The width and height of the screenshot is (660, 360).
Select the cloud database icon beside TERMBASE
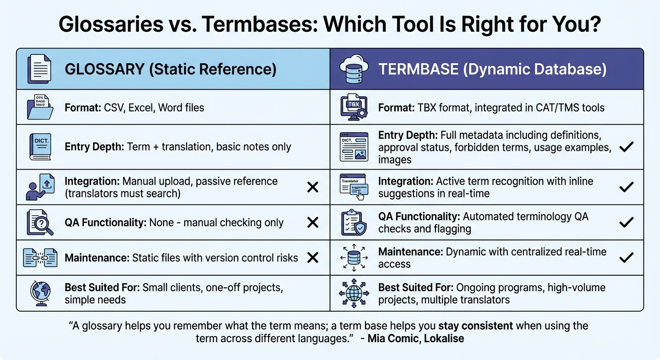point(354,69)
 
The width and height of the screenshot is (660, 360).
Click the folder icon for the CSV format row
point(40,108)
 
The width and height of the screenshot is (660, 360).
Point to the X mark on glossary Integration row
point(313,187)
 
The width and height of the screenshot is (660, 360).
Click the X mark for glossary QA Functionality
point(313,222)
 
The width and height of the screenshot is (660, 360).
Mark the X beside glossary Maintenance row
point(313,257)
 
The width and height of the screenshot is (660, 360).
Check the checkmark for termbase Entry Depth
point(626,147)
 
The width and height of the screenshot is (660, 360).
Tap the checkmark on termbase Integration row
point(626,187)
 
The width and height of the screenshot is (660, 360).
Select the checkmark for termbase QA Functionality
point(626,222)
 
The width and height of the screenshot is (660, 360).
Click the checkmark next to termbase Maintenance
point(626,257)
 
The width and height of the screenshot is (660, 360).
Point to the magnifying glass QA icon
point(40,223)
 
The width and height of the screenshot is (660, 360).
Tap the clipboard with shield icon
point(354,223)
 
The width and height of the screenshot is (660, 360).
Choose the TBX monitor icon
point(354,108)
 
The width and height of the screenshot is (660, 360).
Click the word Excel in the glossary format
point(141,108)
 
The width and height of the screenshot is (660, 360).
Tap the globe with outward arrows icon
point(354,293)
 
